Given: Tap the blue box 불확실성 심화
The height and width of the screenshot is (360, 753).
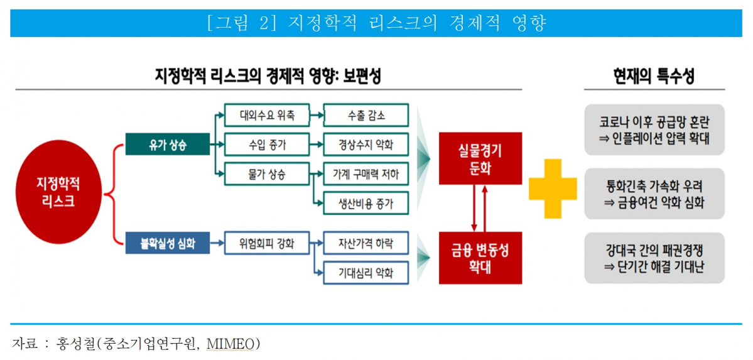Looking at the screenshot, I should [167, 243].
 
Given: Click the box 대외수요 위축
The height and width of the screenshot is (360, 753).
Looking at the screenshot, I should [266, 116].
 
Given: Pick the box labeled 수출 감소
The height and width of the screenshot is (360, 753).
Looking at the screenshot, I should [366, 116].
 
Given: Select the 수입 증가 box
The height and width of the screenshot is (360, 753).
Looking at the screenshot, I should [266, 145].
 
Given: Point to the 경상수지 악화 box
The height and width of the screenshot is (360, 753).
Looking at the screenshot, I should [366, 145].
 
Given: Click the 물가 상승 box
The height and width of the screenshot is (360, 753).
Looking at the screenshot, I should [266, 174].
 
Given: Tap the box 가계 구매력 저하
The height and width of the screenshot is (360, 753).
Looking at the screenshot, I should [366, 174].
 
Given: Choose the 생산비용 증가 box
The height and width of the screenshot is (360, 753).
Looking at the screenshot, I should [366, 203].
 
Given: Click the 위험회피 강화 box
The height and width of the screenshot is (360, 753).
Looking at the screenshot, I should [266, 243].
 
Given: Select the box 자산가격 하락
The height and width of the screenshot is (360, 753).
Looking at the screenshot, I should [366, 243].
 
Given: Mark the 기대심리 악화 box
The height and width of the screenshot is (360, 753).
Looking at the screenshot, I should [366, 272].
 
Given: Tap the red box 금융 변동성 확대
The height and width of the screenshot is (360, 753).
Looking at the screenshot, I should [480, 258].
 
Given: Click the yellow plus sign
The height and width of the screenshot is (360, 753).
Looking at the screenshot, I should [553, 188].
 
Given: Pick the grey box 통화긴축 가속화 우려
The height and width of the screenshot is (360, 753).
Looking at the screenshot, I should [654, 194].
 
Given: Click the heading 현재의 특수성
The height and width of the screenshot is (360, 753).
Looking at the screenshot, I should [654, 77].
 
